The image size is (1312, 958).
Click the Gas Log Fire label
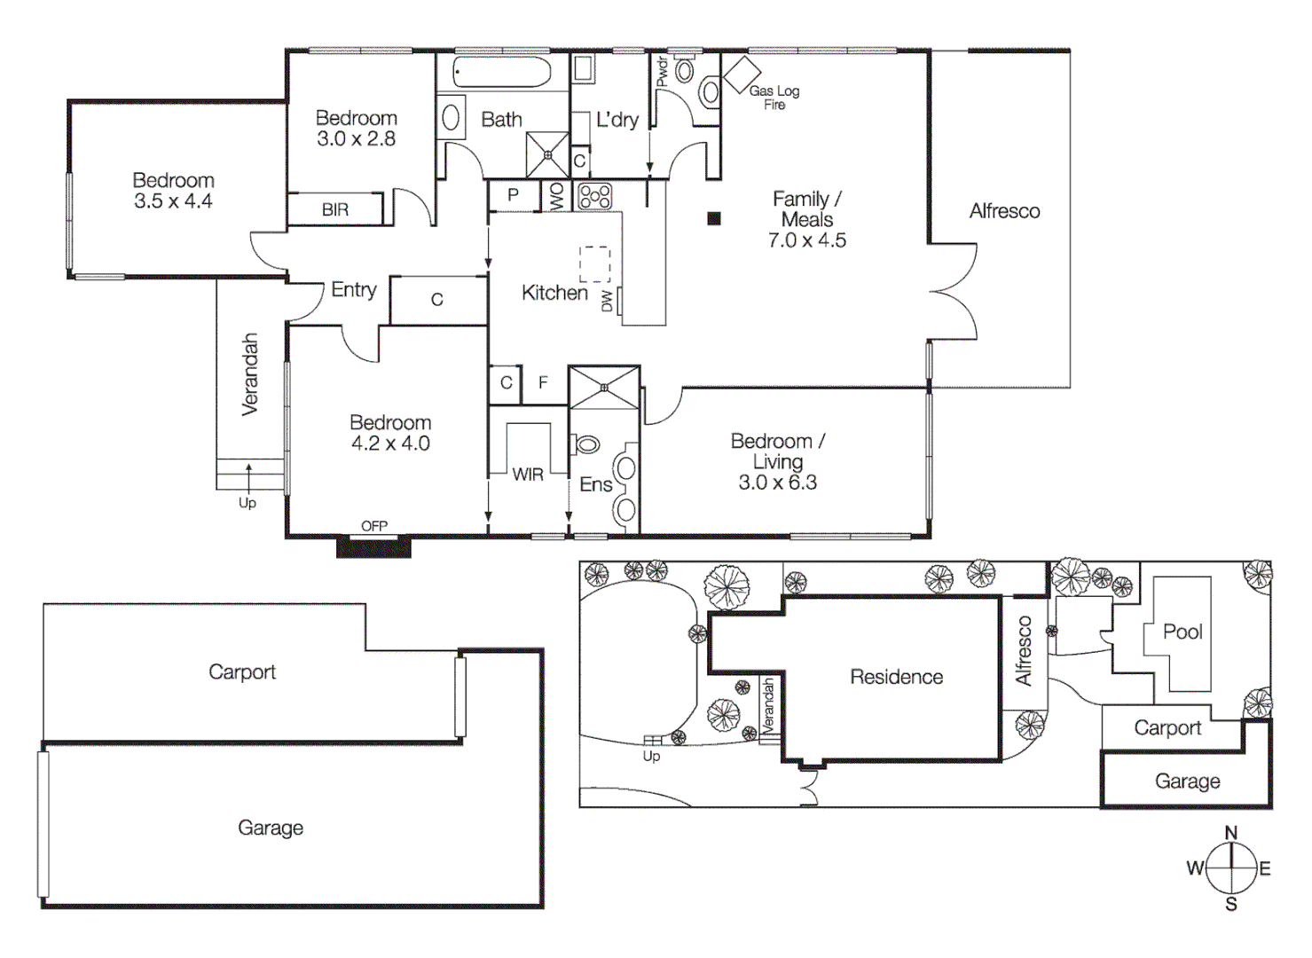[x=774, y=97]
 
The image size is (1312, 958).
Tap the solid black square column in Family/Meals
[x=714, y=218]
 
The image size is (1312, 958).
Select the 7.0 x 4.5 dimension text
[x=806, y=240]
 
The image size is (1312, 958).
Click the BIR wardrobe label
[x=335, y=209]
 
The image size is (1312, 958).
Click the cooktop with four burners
[x=594, y=196]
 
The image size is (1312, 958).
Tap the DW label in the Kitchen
[x=608, y=301]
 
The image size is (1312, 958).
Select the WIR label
[x=528, y=475]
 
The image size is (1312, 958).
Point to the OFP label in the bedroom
[x=374, y=526]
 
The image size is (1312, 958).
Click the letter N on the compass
[x=1230, y=833]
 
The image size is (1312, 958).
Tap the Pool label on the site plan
[x=1182, y=632]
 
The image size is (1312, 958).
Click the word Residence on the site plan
[x=896, y=677]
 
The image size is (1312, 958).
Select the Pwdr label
[x=662, y=72]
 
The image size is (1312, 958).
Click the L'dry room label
[x=617, y=120]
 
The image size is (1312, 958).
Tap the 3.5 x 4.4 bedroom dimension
[x=173, y=201]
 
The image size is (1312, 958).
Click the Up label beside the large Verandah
[x=247, y=503]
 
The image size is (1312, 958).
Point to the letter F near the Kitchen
[x=543, y=382]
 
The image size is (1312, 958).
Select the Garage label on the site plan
[x=1187, y=781]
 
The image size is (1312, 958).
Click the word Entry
[x=353, y=289]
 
